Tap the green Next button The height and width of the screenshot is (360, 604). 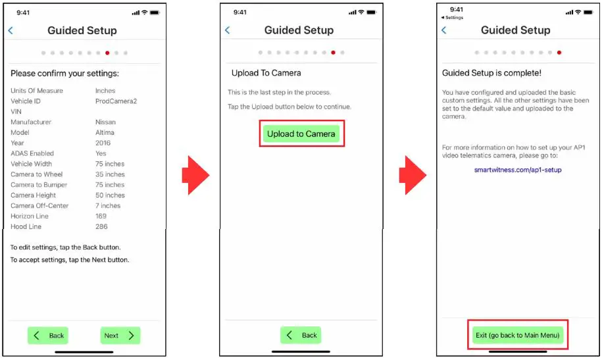pyautogui.click(x=120, y=336)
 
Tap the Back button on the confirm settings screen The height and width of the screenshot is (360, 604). pyautogui.click(x=48, y=336)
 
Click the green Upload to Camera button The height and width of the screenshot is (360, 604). pyautogui.click(x=301, y=134)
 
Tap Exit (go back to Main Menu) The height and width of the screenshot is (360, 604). pyautogui.click(x=518, y=335)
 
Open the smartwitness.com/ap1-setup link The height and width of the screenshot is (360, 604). pyautogui.click(x=518, y=170)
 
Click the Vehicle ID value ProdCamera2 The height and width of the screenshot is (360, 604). pyautogui.click(x=116, y=101)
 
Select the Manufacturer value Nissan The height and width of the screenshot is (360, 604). pyautogui.click(x=105, y=122)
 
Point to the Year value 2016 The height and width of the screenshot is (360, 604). pyautogui.click(x=103, y=143)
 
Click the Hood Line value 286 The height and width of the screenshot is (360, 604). pyautogui.click(x=101, y=226)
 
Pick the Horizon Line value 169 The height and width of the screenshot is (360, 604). pyautogui.click(x=101, y=216)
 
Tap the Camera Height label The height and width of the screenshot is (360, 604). pyautogui.click(x=33, y=195)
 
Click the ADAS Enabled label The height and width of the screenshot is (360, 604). pyautogui.click(x=32, y=153)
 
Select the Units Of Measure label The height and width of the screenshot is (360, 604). pyautogui.click(x=37, y=91)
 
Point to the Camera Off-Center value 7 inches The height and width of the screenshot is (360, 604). pyautogui.click(x=108, y=205)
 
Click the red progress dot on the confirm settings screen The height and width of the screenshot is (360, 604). pyautogui.click(x=107, y=53)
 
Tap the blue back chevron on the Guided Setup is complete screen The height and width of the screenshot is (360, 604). pyautogui.click(x=444, y=30)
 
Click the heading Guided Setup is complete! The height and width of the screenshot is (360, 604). pyautogui.click(x=491, y=73)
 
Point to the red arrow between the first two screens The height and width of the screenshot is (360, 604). pyautogui.click(x=195, y=175)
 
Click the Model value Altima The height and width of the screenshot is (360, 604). pyautogui.click(x=105, y=132)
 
